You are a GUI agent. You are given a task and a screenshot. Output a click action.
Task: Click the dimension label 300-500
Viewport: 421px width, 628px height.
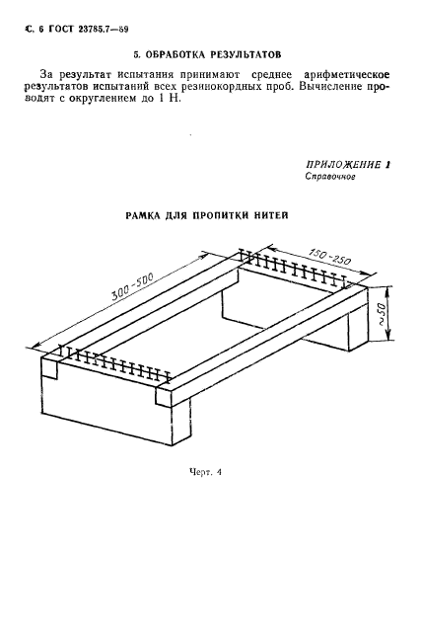pos(133,287)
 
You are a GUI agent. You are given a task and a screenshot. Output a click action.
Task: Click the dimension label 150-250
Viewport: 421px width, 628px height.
pos(329,257)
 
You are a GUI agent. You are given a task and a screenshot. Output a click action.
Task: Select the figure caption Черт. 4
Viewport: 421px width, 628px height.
pos(205,472)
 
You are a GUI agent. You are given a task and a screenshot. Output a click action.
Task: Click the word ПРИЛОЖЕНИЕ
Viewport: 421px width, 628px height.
pos(343,165)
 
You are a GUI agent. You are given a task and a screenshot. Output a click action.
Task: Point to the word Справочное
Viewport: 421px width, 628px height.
pos(330,176)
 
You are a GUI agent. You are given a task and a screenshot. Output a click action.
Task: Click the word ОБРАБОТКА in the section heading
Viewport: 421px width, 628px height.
pos(175,54)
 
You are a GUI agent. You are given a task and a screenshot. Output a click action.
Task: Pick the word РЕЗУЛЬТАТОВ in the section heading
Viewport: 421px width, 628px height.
pos(246,54)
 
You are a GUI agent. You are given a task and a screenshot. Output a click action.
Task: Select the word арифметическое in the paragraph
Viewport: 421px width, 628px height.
pos(347,75)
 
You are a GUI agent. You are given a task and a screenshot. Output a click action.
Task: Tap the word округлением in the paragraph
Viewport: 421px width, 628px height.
pos(103,99)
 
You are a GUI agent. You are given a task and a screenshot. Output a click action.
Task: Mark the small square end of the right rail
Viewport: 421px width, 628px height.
pos(164,397)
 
